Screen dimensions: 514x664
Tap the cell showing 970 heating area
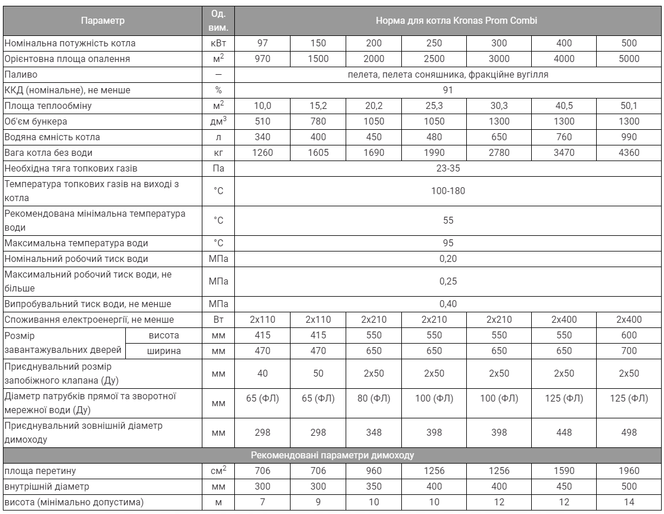click(x=262, y=59)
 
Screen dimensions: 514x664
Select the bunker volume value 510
click(x=262, y=122)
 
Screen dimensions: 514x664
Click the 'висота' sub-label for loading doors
click(x=166, y=335)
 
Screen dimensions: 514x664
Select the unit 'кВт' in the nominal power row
click(x=219, y=43)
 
